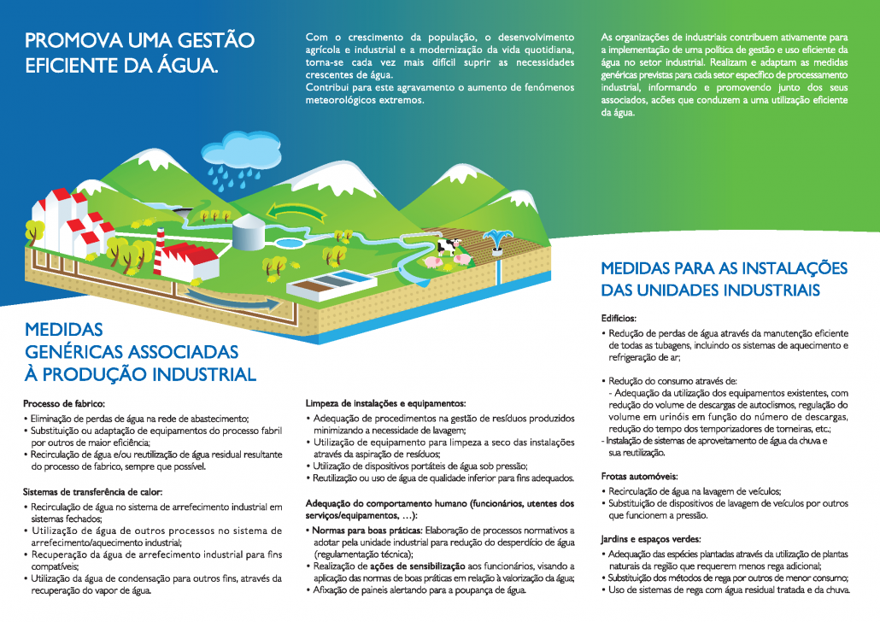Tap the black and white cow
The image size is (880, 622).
coord(448,247)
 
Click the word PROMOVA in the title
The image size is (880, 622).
coord(67,40)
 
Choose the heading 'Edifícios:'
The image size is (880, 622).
coord(621,318)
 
